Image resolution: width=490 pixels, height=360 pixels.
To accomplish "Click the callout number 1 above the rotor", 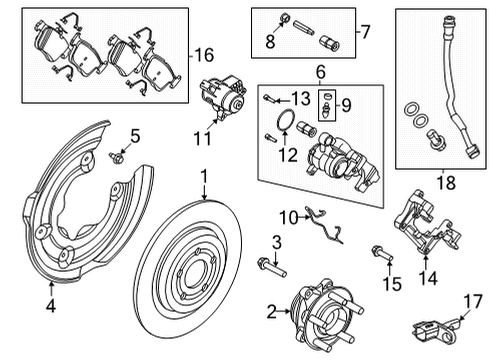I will click(204, 177).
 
